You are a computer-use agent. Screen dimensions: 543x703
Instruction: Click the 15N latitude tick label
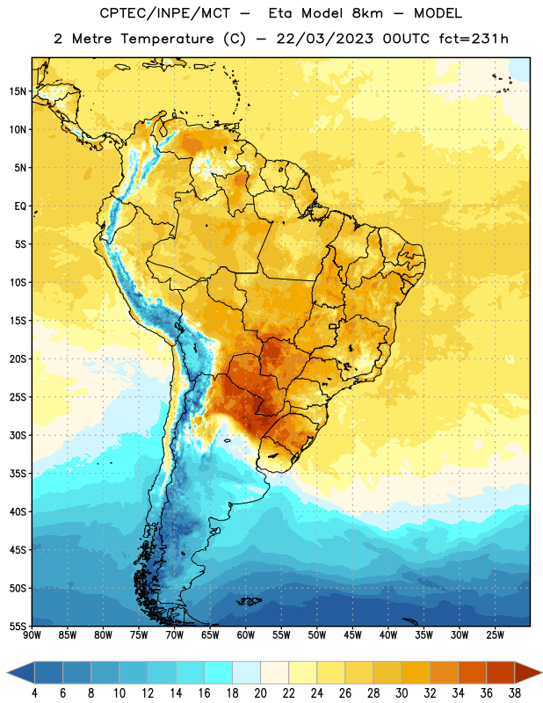pos(18,91)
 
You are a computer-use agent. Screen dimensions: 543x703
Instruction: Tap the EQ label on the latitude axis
pos(20,207)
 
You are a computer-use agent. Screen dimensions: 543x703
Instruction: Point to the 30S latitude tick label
pos(18,435)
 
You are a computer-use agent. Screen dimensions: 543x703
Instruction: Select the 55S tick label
pos(18,627)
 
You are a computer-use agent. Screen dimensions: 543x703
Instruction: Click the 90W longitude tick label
pos(32,635)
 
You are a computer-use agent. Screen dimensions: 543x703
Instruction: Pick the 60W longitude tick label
pos(246,635)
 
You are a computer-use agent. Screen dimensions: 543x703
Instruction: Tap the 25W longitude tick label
pos(495,635)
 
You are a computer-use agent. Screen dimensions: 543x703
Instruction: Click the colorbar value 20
pos(260,693)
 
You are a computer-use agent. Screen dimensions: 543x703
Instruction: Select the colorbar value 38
pos(515,693)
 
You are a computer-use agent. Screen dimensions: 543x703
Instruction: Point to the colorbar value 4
pos(34,693)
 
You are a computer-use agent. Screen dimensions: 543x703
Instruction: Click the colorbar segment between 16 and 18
pos(218,673)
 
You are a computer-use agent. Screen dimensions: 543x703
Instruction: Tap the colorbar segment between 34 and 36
pos(472,673)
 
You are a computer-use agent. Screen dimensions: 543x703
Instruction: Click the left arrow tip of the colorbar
pos(7,673)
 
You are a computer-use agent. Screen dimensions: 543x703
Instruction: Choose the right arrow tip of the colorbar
pos(541,673)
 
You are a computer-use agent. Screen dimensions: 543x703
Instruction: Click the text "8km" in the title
pos(367,13)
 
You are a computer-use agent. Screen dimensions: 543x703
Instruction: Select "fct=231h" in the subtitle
pos(474,39)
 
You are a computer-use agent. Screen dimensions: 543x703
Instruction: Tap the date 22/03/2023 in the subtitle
pos(324,39)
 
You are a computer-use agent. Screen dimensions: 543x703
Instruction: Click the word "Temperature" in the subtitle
pos(167,39)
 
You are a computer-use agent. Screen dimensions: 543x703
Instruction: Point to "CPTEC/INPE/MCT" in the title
pos(164,13)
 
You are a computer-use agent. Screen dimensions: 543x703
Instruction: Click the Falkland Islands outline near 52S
pos(249,601)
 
